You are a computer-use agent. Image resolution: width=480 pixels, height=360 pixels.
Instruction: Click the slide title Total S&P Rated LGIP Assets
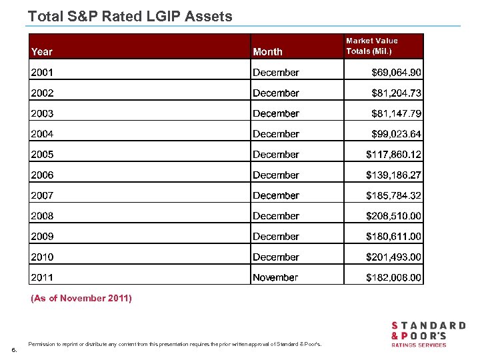point(130,16)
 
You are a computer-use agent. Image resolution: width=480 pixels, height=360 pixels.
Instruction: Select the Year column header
point(41,51)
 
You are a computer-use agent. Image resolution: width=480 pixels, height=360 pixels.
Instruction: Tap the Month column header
point(267,51)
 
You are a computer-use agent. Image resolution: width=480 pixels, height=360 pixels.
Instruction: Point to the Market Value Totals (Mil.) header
point(371,46)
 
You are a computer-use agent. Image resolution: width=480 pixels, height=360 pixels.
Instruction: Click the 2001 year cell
point(42,72)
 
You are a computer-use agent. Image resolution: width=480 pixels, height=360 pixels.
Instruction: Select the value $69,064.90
point(396,72)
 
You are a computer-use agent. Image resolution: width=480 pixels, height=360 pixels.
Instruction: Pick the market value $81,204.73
point(396,93)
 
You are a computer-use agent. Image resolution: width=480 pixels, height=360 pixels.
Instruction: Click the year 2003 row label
point(42,113)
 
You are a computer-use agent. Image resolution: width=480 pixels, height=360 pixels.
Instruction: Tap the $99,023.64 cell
point(396,134)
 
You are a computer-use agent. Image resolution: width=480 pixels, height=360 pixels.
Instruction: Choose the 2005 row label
point(42,155)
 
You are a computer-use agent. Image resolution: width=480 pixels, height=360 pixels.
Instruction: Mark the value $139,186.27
point(393,175)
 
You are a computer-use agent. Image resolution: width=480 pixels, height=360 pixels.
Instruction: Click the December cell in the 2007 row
point(275,195)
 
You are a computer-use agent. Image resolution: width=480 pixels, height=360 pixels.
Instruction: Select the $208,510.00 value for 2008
point(393,216)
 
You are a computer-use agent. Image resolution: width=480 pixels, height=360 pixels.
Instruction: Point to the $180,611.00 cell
point(393,237)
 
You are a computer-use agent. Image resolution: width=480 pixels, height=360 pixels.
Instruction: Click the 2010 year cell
point(42,257)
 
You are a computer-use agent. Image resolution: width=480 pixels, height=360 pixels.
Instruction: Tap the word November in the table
point(275,277)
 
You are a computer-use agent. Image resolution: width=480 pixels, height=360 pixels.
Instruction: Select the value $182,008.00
point(393,277)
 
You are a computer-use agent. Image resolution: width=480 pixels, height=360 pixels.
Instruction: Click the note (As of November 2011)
point(81,299)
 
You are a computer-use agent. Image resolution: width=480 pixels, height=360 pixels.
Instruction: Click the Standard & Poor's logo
point(427,334)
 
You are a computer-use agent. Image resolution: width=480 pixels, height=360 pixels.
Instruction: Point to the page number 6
point(14,350)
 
